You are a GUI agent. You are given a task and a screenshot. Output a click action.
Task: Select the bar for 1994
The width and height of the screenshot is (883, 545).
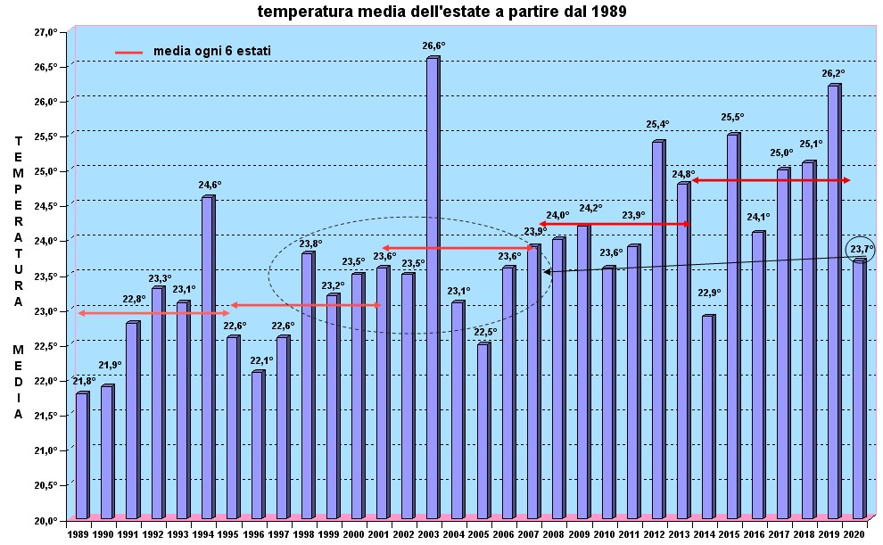[x=207, y=357]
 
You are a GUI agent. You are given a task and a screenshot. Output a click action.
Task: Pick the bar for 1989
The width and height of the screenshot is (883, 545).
[x=81, y=455]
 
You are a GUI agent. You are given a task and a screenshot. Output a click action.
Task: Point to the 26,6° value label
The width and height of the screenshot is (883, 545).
[x=433, y=45]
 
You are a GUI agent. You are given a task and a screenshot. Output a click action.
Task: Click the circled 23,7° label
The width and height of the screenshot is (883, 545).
[x=861, y=249]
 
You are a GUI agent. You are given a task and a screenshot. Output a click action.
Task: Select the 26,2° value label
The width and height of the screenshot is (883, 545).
[x=833, y=73]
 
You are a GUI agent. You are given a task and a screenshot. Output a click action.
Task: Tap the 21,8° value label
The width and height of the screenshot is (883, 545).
[x=85, y=381]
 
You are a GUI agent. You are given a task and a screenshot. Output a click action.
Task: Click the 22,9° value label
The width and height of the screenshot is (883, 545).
[x=710, y=293]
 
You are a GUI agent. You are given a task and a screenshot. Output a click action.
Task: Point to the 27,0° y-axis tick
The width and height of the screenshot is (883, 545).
[x=45, y=32]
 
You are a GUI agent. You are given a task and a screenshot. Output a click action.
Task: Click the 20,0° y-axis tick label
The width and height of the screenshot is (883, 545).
[x=45, y=520]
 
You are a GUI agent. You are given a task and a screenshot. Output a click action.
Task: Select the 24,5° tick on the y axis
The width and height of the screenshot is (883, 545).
[x=45, y=206]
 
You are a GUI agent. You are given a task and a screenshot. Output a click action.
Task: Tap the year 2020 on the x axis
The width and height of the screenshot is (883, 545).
[x=854, y=533]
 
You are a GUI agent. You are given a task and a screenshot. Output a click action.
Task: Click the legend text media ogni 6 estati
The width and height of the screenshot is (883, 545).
[x=212, y=51]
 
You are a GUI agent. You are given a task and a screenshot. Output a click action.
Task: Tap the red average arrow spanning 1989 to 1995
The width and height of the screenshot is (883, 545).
[x=154, y=313]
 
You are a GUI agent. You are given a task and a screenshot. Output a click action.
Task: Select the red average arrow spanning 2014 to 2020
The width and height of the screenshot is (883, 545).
[x=772, y=181]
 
